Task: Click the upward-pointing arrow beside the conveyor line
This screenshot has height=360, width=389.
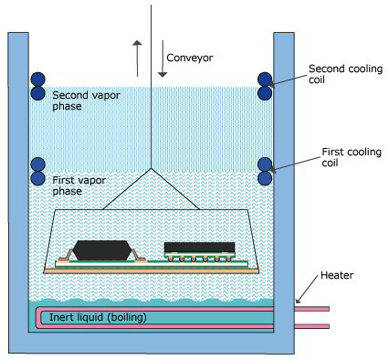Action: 136,58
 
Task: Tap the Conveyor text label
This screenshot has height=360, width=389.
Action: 190,58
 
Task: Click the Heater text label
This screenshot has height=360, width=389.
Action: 336,276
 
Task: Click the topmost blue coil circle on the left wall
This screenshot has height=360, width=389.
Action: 37,80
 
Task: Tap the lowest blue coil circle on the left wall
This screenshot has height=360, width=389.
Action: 37,178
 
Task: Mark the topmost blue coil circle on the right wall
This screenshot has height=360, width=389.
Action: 265,80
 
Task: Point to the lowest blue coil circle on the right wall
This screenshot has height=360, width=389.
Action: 265,178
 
